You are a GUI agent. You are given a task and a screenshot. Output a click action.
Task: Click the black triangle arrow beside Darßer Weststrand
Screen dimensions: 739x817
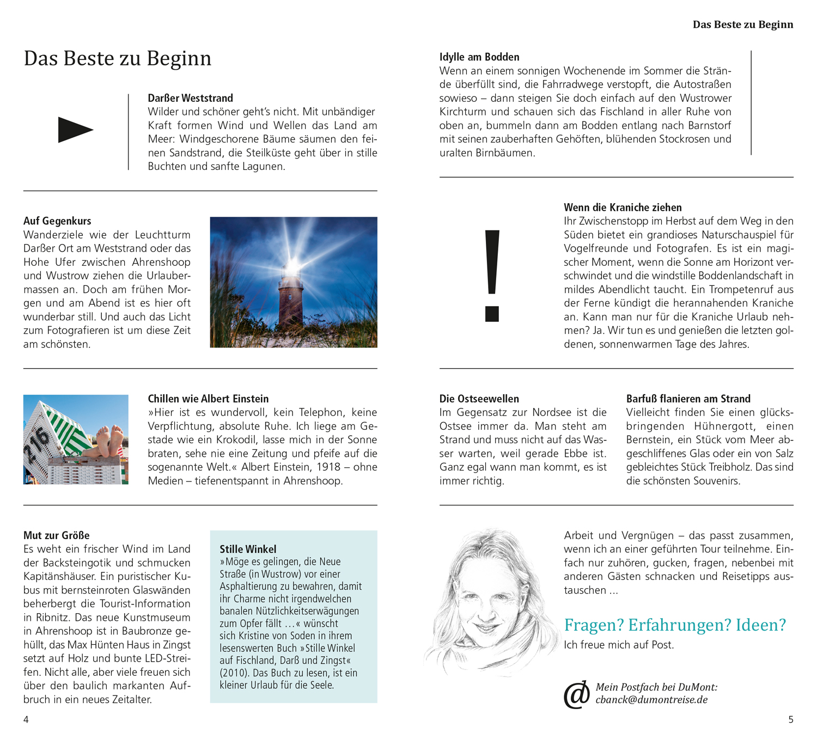75,130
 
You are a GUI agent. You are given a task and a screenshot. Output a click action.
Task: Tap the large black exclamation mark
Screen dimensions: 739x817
492,275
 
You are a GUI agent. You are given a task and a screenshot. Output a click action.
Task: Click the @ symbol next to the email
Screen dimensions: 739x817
577,694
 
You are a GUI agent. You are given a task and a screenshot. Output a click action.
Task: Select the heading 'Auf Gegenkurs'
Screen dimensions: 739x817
57,221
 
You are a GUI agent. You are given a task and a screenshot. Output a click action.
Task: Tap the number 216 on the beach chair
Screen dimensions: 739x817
36,444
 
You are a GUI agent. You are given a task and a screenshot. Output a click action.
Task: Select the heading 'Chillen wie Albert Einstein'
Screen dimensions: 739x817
208,399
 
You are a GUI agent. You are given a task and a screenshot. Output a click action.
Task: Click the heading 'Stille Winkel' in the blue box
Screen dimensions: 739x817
248,549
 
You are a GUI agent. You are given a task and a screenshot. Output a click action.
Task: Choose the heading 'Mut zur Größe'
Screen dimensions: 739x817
56,535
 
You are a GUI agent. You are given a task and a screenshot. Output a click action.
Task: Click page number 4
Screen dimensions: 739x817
26,719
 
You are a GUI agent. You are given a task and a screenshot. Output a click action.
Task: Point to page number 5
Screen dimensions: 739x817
791,719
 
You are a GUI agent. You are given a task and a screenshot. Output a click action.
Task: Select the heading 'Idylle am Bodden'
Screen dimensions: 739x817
479,57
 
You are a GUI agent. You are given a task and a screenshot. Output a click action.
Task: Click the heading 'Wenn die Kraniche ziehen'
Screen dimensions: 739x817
623,207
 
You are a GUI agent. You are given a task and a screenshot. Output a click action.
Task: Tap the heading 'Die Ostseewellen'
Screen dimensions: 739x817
479,399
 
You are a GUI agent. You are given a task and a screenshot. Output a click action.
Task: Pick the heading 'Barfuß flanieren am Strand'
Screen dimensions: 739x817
688,399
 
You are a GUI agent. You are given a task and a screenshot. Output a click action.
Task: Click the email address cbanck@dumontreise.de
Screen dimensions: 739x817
651,700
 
